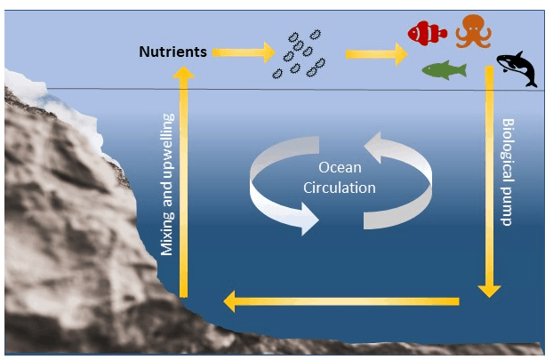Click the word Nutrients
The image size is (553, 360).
[x=172, y=52]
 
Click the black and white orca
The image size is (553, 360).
[x=517, y=69]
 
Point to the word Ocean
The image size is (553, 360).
[x=339, y=168]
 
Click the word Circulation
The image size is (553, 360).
[x=339, y=188]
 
